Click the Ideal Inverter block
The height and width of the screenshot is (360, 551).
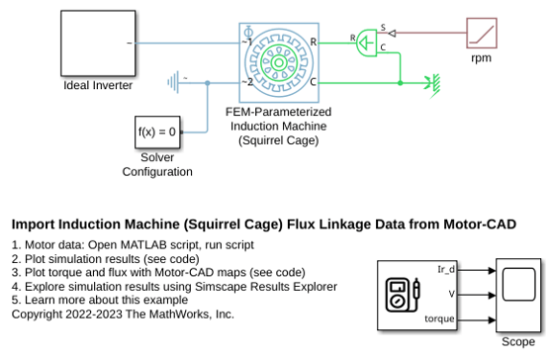pyautogui.click(x=98, y=44)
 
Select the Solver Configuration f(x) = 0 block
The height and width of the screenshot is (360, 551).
pyautogui.click(x=157, y=133)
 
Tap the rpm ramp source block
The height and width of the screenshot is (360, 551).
pyautogui.click(x=482, y=33)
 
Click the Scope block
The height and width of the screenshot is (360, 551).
pyautogui.click(x=518, y=295)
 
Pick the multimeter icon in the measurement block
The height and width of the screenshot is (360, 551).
pyautogui.click(x=403, y=295)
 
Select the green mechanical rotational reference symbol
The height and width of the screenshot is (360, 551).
pyautogui.click(x=433, y=84)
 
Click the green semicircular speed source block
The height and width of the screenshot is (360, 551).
pyautogui.click(x=367, y=43)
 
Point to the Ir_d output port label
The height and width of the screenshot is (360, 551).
pyautogui.click(x=446, y=269)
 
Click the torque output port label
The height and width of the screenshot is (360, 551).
pyautogui.click(x=439, y=318)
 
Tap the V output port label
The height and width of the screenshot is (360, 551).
pyautogui.click(x=451, y=294)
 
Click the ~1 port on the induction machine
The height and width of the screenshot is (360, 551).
pyautogui.click(x=246, y=43)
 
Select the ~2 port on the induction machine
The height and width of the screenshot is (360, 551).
pyautogui.click(x=247, y=82)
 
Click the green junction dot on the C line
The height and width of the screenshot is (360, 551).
pyautogui.click(x=400, y=83)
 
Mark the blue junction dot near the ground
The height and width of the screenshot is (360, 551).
pyautogui.click(x=208, y=83)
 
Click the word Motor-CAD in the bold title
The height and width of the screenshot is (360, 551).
pyautogui.click(x=480, y=225)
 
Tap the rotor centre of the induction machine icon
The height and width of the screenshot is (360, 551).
pyautogui.click(x=279, y=63)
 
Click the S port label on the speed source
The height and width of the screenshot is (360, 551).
pyautogui.click(x=383, y=28)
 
